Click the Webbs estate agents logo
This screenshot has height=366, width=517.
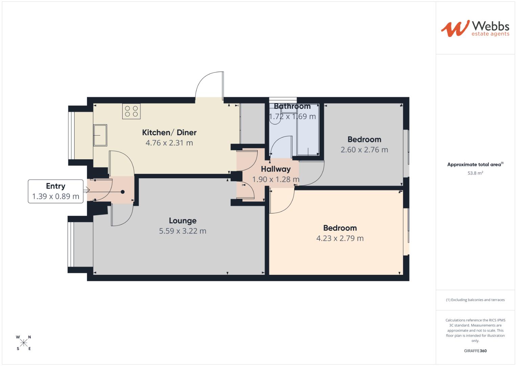pyautogui.click(x=475, y=28)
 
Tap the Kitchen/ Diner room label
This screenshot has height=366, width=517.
pyautogui.click(x=169, y=133)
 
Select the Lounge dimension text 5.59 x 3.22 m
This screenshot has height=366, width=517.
pyautogui.click(x=182, y=231)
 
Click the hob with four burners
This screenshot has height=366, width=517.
pyautogui.click(x=131, y=111)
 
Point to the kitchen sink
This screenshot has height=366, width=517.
pyautogui.click(x=100, y=135)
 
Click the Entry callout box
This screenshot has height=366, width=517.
pyautogui.click(x=56, y=191)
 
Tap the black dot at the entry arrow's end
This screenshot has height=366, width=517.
pyautogui.click(x=123, y=192)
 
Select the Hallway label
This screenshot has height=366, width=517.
pyautogui.click(x=276, y=169)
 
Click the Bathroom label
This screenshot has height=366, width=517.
pyautogui.click(x=292, y=106)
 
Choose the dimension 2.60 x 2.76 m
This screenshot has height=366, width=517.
pyautogui.click(x=364, y=150)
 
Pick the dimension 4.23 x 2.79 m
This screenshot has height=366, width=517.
pyautogui.click(x=340, y=239)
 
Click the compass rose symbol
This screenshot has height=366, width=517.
pyautogui.click(x=24, y=343)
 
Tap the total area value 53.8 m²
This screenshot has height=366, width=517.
pyautogui.click(x=475, y=173)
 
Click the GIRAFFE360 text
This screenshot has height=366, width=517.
pyautogui.click(x=475, y=351)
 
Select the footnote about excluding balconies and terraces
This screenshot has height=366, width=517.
pyautogui.click(x=475, y=300)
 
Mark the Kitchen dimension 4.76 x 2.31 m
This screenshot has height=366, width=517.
pyautogui.click(x=169, y=143)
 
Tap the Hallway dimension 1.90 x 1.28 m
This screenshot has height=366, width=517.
pyautogui.click(x=276, y=180)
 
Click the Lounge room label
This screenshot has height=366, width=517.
pyautogui.click(x=182, y=221)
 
